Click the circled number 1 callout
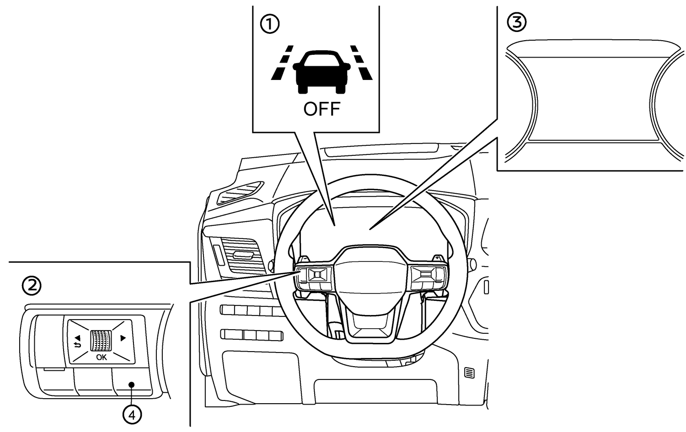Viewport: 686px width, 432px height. tap(269, 25)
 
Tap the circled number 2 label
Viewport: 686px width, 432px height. tap(32, 286)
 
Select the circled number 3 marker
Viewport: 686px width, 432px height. tap(517, 22)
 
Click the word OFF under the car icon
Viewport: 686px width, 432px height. tap(322, 109)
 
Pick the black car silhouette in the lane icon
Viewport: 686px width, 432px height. tap(322, 72)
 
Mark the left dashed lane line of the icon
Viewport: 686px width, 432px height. tap(282, 63)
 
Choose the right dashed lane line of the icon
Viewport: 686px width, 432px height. tap(361, 63)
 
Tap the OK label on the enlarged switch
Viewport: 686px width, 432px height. tap(102, 357)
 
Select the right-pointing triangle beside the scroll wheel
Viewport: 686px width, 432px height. tap(123, 338)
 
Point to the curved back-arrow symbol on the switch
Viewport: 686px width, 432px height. tap(77, 345)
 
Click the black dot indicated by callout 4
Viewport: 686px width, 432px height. tap(132, 384)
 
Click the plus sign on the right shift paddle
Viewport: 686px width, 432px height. tap(437, 258)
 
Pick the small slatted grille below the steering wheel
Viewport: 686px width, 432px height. tap(470, 373)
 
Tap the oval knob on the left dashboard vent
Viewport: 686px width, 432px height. tap(242, 255)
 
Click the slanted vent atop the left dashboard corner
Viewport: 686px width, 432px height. tap(240, 193)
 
